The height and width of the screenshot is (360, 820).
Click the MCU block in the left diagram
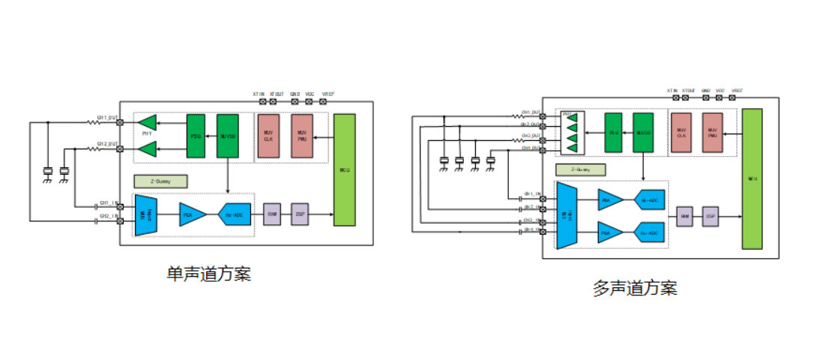click(x=344, y=169)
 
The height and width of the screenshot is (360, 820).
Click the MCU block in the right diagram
click(x=752, y=178)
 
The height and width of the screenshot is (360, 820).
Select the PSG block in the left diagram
click(x=196, y=136)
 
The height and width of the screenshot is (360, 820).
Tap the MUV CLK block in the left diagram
click(x=268, y=136)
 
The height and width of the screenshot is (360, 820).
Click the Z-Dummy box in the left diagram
click(x=160, y=181)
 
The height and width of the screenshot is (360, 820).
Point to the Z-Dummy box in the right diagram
click(x=581, y=169)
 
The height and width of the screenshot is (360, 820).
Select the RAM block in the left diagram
click(x=273, y=214)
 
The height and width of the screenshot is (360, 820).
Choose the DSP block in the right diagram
click(x=709, y=216)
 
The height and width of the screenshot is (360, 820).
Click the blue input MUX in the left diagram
click(x=146, y=214)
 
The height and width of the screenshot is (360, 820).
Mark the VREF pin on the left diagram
click(x=328, y=101)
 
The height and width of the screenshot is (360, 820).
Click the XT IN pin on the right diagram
click(x=672, y=97)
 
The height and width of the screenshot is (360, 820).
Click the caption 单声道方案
click(x=208, y=274)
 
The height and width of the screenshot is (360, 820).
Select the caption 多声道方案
click(x=635, y=288)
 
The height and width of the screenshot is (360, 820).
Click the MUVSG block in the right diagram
click(x=643, y=133)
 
